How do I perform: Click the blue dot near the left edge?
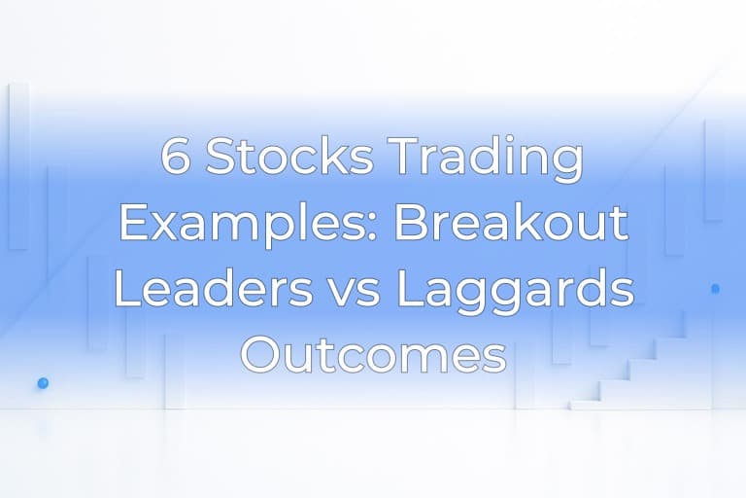(43, 383)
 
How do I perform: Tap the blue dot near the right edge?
(716, 289)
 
